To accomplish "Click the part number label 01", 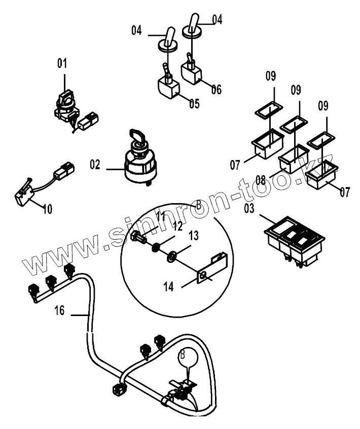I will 62,63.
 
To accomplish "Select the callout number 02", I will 96,165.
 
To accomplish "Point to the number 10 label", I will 47,209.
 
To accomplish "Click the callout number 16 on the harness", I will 60,310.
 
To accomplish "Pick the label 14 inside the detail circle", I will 169,287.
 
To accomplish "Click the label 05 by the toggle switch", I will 194,104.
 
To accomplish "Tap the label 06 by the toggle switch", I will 216,90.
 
